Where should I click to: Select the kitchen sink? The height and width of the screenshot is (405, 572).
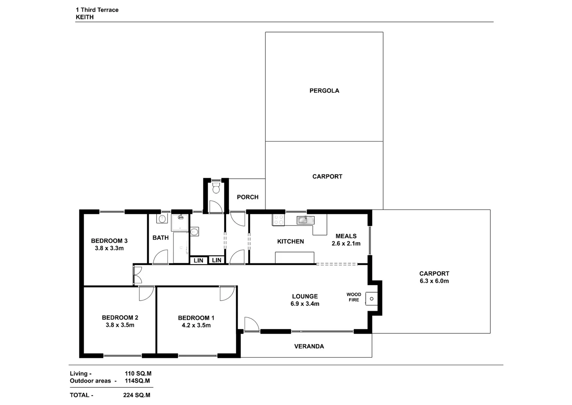305,220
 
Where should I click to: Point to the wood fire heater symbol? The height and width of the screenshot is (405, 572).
371,299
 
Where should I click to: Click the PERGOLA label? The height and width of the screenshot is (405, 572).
324,91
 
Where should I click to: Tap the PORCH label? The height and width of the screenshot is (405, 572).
247,197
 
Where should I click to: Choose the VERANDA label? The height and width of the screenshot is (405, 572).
309,346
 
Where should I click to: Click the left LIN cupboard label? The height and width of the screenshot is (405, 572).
198,260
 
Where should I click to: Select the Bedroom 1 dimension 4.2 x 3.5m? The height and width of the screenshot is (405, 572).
196,325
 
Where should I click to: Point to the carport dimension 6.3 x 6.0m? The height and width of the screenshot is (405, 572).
434,281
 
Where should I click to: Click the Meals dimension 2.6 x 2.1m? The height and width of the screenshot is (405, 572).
346,244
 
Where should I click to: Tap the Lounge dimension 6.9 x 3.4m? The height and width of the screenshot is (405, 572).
305,304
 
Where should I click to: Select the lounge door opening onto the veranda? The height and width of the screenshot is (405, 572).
251,324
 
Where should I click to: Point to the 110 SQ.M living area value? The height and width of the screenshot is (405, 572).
138,373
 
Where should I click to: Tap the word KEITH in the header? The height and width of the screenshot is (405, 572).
85,17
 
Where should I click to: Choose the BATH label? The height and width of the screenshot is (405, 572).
160,238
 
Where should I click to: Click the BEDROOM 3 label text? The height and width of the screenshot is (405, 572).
109,241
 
